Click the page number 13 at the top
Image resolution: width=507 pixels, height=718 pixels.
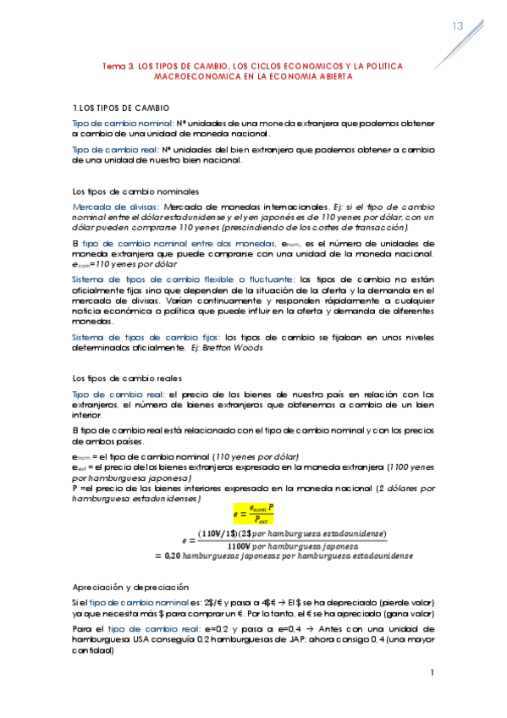click(458, 26)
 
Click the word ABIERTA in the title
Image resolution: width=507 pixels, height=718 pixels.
click(328, 76)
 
